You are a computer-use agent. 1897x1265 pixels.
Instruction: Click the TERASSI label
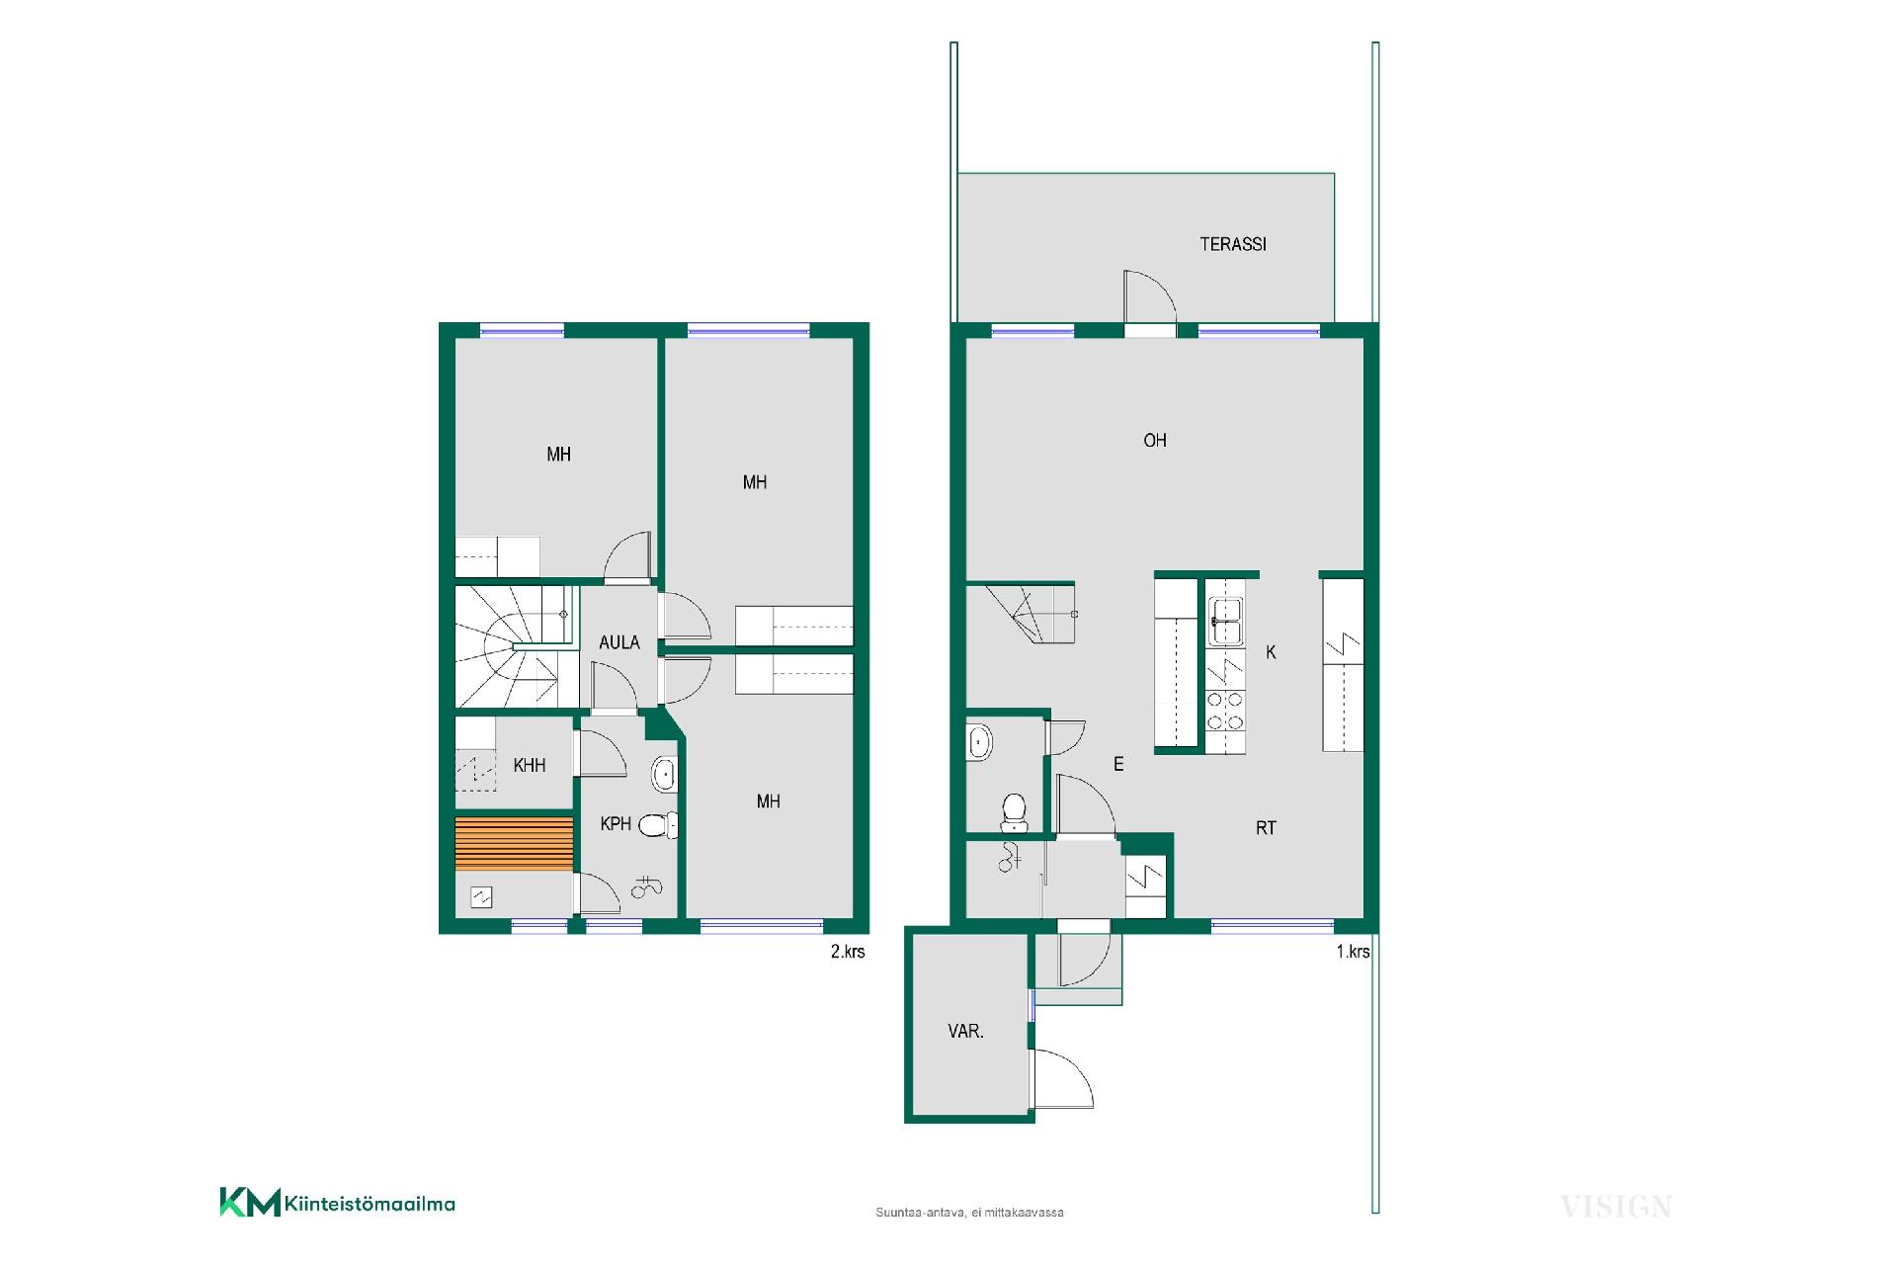(1233, 244)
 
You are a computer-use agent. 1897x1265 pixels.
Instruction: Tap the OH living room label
(1155, 441)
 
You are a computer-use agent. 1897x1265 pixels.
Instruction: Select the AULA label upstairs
(619, 642)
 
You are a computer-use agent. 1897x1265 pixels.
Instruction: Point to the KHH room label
(530, 765)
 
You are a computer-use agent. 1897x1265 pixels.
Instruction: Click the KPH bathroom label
(616, 823)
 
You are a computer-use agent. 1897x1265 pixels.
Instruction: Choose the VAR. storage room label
(965, 1031)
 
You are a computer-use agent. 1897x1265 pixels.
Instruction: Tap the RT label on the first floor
(1266, 828)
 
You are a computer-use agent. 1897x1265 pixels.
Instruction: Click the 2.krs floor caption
(848, 952)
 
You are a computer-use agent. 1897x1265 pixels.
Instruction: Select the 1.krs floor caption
(1353, 952)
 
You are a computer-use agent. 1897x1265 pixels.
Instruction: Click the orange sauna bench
(514, 844)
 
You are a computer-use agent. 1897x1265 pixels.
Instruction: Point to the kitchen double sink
(1225, 622)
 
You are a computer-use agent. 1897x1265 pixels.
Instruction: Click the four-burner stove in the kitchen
(1225, 711)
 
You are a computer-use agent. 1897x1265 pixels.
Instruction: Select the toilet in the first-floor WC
(1014, 812)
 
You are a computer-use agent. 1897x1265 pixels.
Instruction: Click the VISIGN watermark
(1615, 1207)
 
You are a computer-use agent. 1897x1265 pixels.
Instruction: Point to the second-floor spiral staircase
(517, 647)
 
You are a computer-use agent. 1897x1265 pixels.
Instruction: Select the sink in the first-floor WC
(979, 741)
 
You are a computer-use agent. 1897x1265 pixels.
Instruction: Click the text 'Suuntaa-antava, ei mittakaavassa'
(969, 1213)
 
